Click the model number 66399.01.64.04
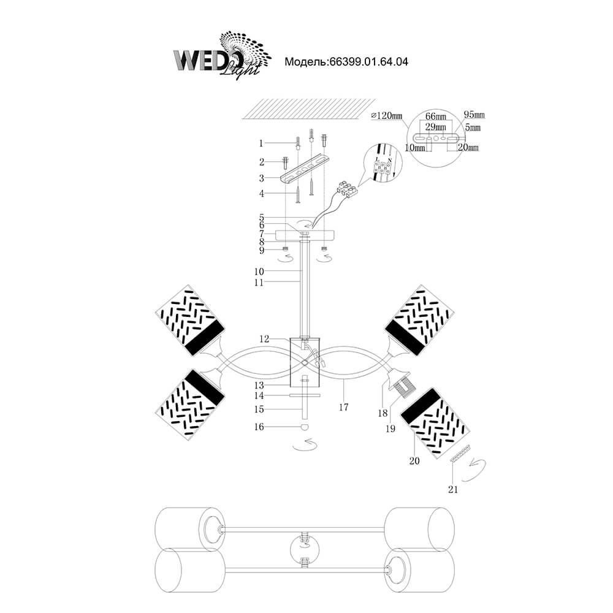368,62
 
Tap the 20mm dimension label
468,148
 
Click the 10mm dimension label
415,148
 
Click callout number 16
261,427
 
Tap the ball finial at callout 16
304,427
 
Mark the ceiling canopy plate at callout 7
306,235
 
